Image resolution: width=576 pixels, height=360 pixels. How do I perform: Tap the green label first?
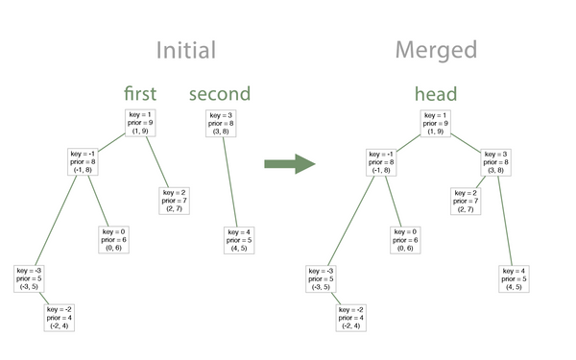click(140, 94)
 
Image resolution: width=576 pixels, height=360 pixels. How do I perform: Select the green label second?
click(220, 94)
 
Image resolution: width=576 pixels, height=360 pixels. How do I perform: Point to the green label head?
click(436, 94)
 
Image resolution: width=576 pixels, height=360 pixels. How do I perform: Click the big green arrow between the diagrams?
click(290, 162)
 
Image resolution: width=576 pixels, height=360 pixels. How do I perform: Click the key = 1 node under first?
click(140, 123)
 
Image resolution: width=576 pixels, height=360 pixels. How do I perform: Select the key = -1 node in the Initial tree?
click(84, 163)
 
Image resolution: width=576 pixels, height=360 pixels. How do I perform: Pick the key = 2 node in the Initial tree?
click(176, 200)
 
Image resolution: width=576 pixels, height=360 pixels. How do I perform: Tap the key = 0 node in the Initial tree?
click(113, 239)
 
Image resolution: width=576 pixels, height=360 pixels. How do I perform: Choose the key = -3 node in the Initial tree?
click(28, 278)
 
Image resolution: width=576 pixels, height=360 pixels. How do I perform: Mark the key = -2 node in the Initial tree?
click(60, 316)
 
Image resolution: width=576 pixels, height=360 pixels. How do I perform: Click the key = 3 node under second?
click(222, 123)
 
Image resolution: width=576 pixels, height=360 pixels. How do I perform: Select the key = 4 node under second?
click(238, 239)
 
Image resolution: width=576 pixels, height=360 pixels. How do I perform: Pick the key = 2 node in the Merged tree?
click(467, 200)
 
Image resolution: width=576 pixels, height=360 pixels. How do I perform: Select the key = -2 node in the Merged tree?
click(352, 316)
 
